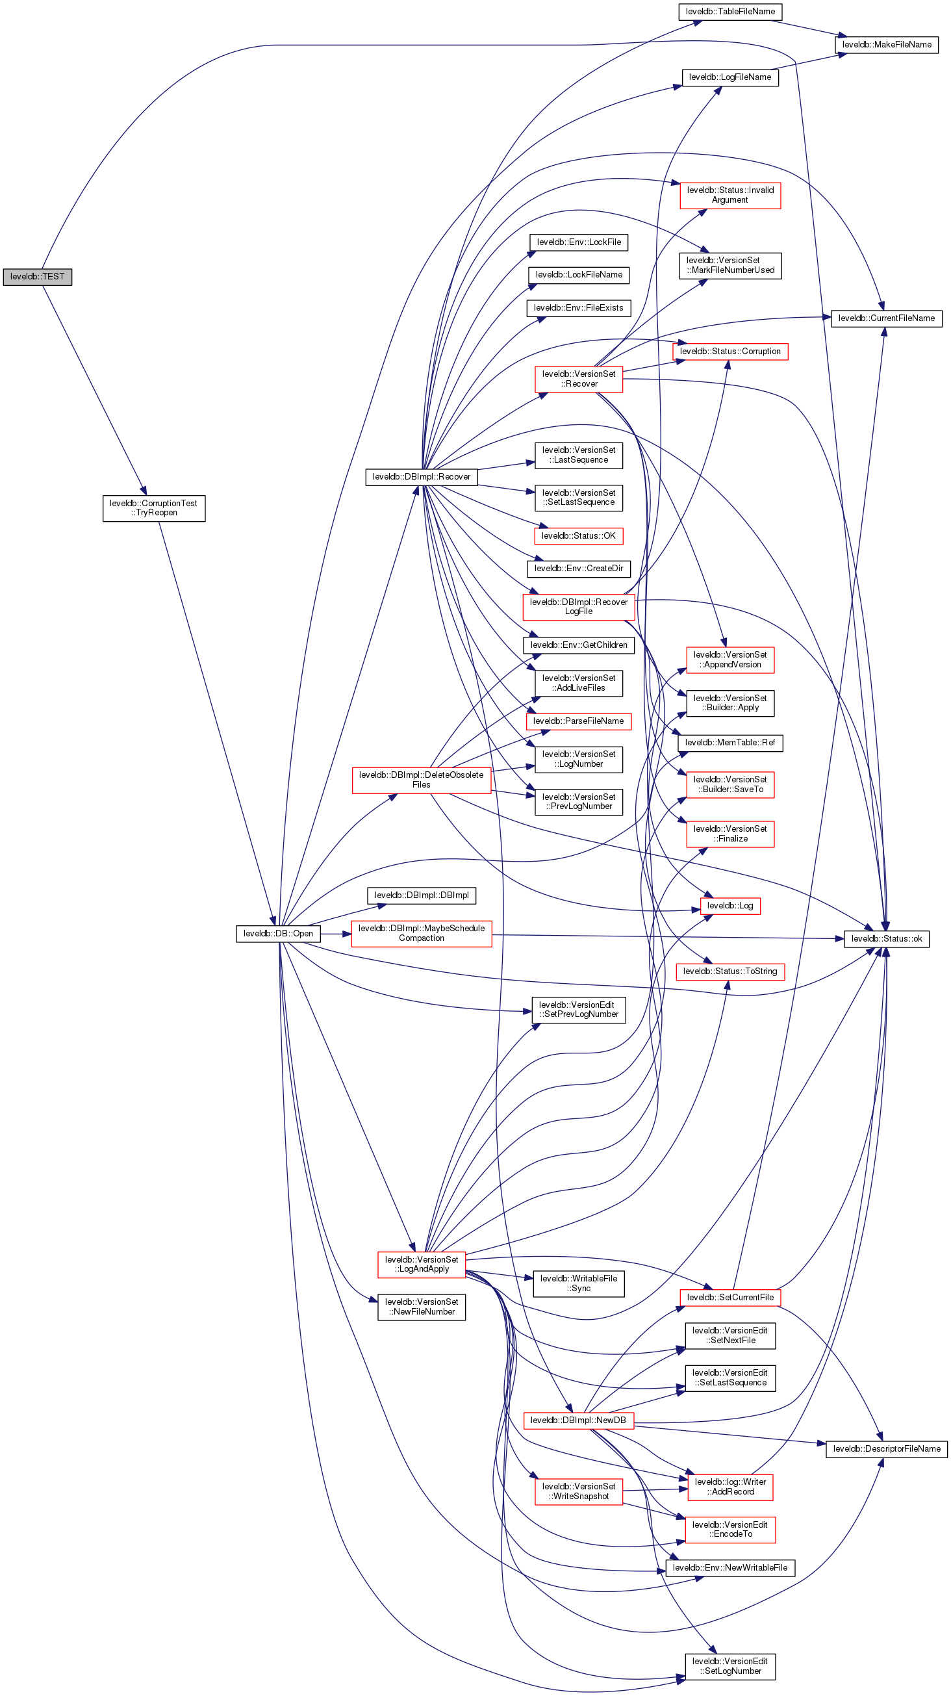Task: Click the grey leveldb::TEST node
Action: (x=37, y=277)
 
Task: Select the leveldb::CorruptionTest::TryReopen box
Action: (x=153, y=508)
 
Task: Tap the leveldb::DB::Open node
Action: (x=278, y=933)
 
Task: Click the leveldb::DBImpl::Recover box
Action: (x=421, y=477)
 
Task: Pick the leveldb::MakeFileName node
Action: (x=887, y=45)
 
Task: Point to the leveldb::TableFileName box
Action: (x=730, y=12)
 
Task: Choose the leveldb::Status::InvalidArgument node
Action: (x=730, y=196)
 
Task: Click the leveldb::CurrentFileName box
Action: (x=886, y=318)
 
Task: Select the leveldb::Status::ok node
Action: (x=887, y=938)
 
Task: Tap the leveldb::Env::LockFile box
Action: (x=579, y=242)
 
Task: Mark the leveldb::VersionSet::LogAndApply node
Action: (x=421, y=1264)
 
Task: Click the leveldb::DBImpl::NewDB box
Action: (x=578, y=1420)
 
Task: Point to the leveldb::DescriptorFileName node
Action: (x=886, y=1448)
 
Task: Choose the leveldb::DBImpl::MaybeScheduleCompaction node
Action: (x=421, y=933)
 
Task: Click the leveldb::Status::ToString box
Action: (x=730, y=971)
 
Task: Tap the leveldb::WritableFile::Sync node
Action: (x=578, y=1283)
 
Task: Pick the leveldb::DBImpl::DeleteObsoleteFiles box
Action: (x=421, y=780)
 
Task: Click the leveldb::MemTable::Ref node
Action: (x=730, y=743)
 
